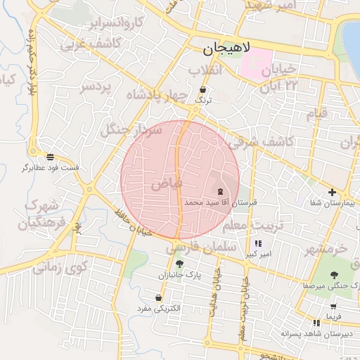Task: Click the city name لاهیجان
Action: (x=221, y=50)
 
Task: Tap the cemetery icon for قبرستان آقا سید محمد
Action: (x=220, y=191)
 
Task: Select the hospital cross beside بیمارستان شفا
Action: (x=332, y=192)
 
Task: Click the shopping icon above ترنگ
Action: (x=203, y=90)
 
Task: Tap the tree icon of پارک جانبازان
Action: (x=179, y=264)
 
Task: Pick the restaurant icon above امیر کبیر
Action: (x=259, y=243)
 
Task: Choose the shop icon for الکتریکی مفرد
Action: (x=160, y=297)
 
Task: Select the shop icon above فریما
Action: (x=333, y=306)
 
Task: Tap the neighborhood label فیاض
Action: (x=166, y=184)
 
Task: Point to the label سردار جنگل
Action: (x=131, y=129)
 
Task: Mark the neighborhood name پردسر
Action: (x=96, y=86)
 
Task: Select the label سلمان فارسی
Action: (x=200, y=248)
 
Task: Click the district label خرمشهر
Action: (x=326, y=250)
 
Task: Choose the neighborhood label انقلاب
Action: (x=205, y=70)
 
